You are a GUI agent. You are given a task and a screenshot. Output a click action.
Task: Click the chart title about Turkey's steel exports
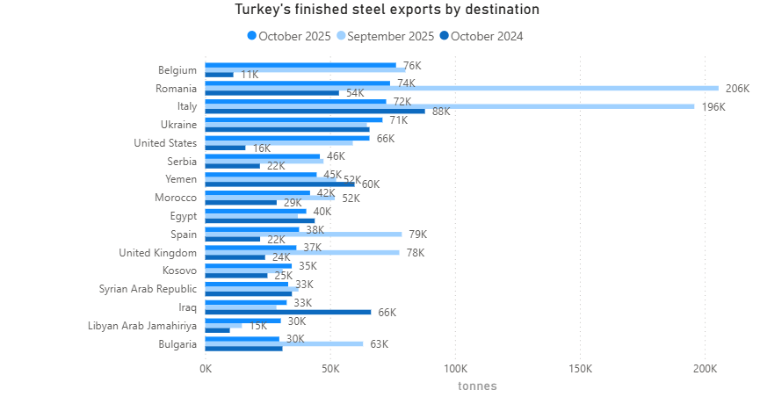pyautogui.click(x=387, y=11)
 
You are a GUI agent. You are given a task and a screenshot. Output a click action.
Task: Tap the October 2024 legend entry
pyautogui.click(x=486, y=36)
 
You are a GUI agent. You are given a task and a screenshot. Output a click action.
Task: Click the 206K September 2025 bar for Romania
pyautogui.click(x=461, y=88)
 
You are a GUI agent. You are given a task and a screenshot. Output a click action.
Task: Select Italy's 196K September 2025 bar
pyautogui.click(x=449, y=106)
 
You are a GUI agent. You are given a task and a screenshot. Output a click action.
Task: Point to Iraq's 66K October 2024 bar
pyautogui.click(x=288, y=311)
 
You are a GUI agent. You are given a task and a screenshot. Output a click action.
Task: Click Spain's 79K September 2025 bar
pyautogui.click(x=303, y=234)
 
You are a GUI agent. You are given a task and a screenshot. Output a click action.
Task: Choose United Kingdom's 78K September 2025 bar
pyautogui.click(x=302, y=252)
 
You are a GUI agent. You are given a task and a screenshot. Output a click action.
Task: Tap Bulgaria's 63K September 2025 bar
pyautogui.click(x=284, y=343)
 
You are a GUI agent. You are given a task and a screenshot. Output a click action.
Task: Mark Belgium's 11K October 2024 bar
pyautogui.click(x=219, y=75)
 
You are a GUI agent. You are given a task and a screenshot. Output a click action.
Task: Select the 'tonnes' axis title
pyautogui.click(x=477, y=386)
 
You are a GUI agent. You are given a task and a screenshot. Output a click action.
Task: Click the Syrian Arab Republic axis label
pyautogui.click(x=148, y=289)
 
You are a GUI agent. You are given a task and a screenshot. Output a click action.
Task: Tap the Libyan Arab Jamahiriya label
pyautogui.click(x=142, y=326)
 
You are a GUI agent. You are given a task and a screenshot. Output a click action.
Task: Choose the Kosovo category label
pyautogui.click(x=179, y=271)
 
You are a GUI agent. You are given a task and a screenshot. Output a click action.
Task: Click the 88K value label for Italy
pyautogui.click(x=441, y=112)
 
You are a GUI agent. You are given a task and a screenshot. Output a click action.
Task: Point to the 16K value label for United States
pyautogui.click(x=262, y=148)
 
